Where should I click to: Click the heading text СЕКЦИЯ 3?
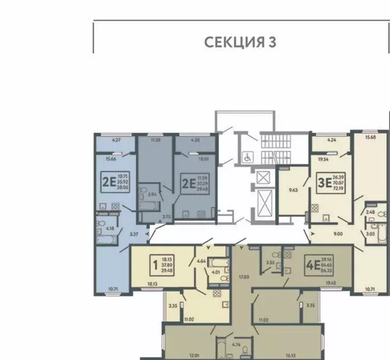(x=240, y=42)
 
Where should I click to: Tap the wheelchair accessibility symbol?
(x=247, y=157)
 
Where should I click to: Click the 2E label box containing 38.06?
(x=115, y=181)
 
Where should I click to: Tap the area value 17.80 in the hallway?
(x=243, y=277)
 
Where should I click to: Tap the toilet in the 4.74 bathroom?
(x=244, y=351)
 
